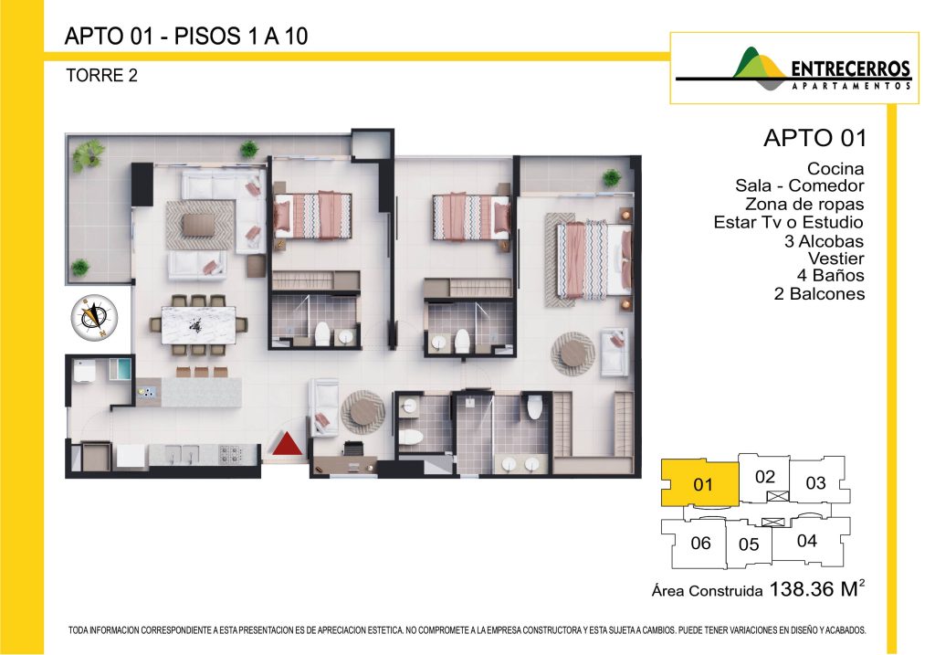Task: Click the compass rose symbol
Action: (94, 316)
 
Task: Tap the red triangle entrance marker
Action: (288, 443)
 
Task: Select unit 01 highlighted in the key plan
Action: (700, 482)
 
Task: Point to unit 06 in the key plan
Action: (699, 543)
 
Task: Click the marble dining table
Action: (198, 325)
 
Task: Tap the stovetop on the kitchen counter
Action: (230, 455)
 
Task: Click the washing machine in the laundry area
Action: (83, 371)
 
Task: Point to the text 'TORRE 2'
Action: (102, 76)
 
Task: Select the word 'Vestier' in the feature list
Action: (836, 259)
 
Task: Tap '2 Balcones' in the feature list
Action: (819, 293)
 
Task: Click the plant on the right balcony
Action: (611, 177)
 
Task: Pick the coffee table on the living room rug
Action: (198, 226)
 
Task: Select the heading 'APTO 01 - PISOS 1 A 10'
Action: (186, 37)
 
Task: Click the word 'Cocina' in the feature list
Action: (835, 169)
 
